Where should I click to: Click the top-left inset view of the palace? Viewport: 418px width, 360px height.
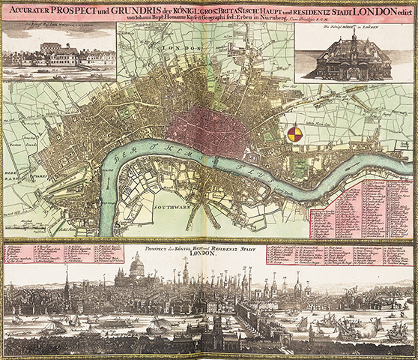[58, 55]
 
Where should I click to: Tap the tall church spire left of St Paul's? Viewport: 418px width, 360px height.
[67, 279]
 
